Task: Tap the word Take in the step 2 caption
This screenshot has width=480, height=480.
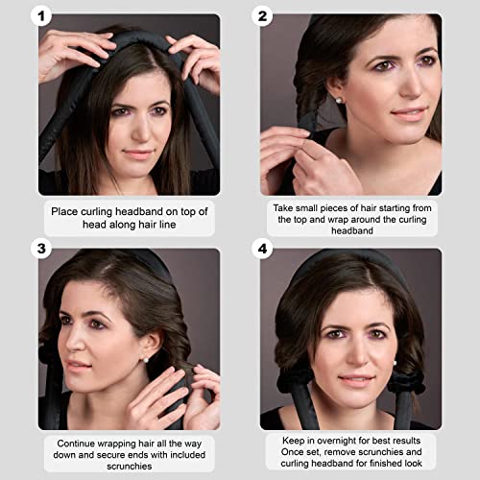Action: (x=284, y=206)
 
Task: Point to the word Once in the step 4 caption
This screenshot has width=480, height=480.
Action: (x=288, y=455)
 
